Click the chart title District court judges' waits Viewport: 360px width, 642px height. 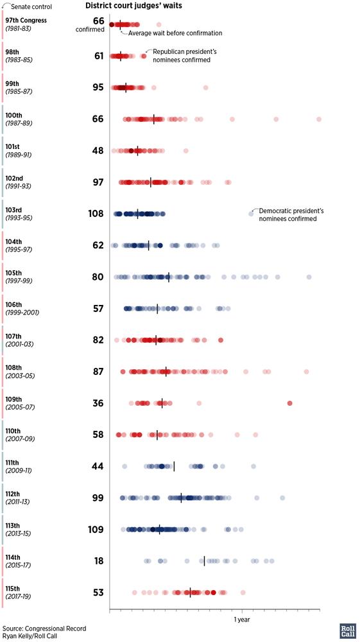133,6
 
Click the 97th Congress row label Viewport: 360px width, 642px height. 26,21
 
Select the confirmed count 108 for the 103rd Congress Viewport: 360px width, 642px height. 96,214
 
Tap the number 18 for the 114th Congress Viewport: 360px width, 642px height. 99,561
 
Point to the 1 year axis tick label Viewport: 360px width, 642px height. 242,620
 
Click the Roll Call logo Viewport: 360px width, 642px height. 347,631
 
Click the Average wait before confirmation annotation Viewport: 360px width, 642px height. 175,33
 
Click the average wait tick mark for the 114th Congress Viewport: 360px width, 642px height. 204,561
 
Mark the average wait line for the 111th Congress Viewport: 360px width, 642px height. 175,466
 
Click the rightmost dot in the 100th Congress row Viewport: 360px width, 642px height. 319,119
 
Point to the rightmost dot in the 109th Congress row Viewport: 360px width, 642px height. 289,403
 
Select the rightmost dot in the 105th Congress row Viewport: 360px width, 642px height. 309,277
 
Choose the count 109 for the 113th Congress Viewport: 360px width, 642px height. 96,530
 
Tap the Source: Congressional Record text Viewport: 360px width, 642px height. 44,629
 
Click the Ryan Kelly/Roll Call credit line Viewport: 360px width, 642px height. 31,636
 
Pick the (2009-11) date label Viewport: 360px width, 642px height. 19,471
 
